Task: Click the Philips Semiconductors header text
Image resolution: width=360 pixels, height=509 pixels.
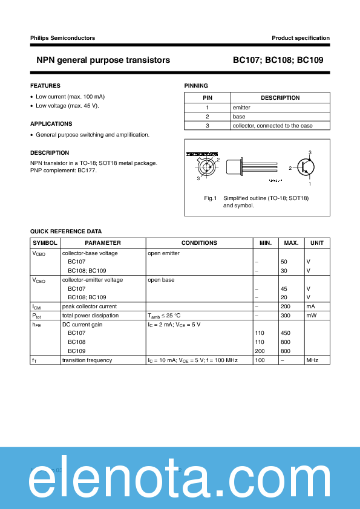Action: pyautogui.click(x=62, y=38)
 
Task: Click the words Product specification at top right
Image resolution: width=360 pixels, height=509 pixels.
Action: pyautogui.click(x=300, y=38)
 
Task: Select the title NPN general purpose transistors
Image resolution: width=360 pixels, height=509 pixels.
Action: pyautogui.click(x=103, y=60)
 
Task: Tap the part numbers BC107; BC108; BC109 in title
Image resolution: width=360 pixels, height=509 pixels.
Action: pyautogui.click(x=281, y=60)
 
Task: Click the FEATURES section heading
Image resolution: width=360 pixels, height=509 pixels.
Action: pyautogui.click(x=45, y=86)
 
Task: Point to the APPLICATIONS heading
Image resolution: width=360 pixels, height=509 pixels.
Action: pyautogui.click(x=51, y=124)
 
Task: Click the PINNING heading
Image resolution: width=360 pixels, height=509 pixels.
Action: pyautogui.click(x=196, y=86)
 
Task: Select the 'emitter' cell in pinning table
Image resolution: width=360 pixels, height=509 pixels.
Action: pyautogui.click(x=241, y=107)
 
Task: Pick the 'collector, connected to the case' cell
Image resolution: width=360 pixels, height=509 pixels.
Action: pyautogui.click(x=272, y=126)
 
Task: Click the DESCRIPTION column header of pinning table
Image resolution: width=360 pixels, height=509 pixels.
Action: pyautogui.click(x=280, y=98)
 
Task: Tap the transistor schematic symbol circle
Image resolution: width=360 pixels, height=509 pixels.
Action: pyautogui.click(x=309, y=168)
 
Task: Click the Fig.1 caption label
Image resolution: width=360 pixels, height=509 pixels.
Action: pyautogui.click(x=211, y=198)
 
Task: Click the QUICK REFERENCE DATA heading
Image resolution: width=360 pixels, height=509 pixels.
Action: pyautogui.click(x=66, y=232)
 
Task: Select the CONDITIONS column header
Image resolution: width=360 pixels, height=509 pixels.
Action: pyautogui.click(x=199, y=243)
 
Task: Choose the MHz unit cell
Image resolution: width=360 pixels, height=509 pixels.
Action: pyautogui.click(x=312, y=360)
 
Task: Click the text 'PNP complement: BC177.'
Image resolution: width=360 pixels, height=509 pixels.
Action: pyautogui.click(x=63, y=170)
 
